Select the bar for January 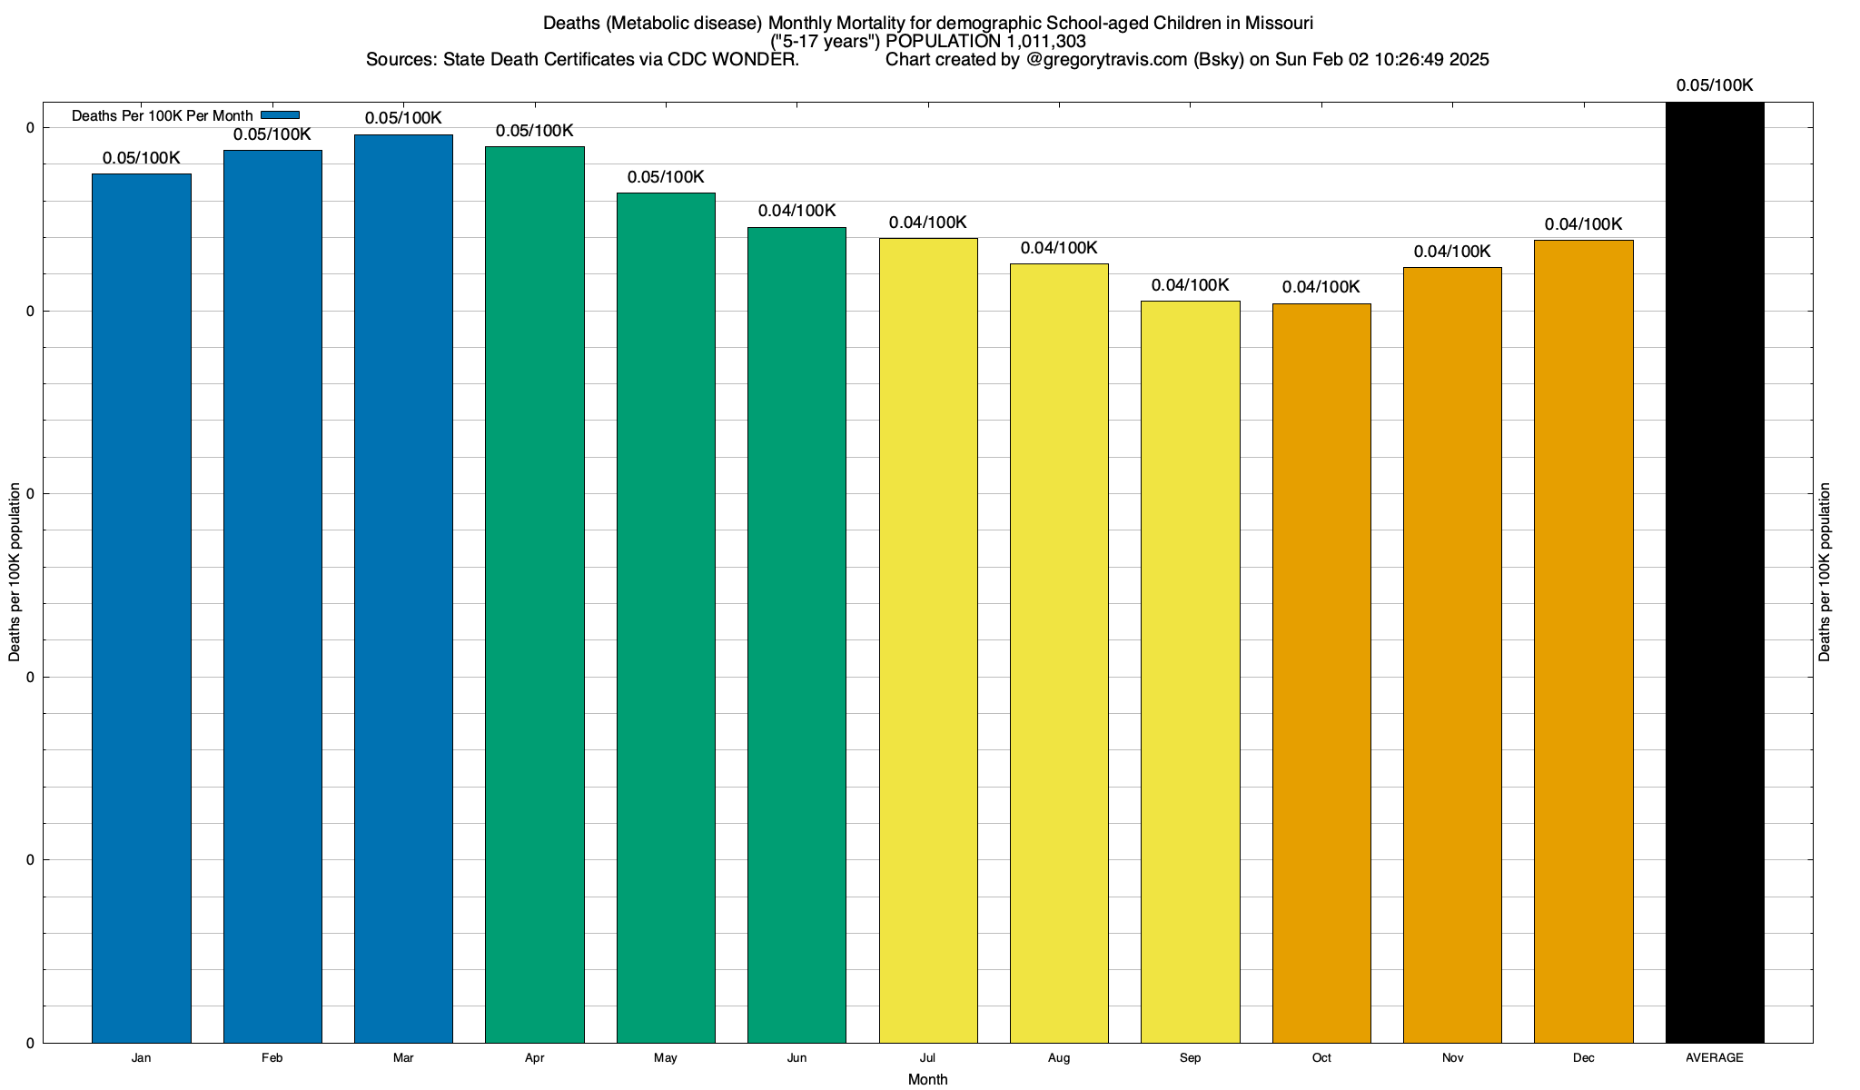(x=142, y=608)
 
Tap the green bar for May (x=666, y=618)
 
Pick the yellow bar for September (x=1190, y=671)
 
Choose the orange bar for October (x=1321, y=673)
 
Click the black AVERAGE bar (x=1715, y=572)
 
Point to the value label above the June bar (x=796, y=211)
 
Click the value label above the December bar (x=1583, y=224)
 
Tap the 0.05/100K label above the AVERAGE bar (x=1715, y=86)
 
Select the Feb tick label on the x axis (x=272, y=1058)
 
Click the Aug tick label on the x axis (x=1059, y=1058)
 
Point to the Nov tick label (x=1452, y=1058)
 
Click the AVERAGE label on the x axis (x=1715, y=1058)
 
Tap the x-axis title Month (x=927, y=1080)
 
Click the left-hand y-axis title (x=15, y=572)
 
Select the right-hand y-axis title (x=1825, y=572)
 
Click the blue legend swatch (x=280, y=115)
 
